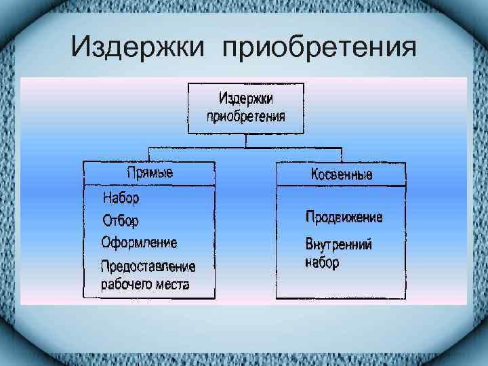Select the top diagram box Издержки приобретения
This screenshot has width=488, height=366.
[245, 108]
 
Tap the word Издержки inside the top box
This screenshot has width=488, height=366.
[245, 99]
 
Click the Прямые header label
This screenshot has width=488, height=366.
[149, 173]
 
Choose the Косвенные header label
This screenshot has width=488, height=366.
[341, 174]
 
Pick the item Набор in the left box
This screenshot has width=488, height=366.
[121, 199]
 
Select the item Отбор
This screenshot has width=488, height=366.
[120, 221]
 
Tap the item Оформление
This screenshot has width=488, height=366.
[139, 242]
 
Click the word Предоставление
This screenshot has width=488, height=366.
[148, 266]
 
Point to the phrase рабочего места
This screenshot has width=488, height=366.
[145, 284]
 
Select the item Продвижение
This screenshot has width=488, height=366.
[344, 218]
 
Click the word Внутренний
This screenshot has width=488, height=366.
[338, 245]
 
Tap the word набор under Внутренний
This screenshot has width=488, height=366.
[322, 262]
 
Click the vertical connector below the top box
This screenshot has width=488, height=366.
[245, 141]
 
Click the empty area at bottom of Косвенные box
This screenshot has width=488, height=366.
[341, 285]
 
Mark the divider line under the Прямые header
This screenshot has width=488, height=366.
[149, 185]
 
